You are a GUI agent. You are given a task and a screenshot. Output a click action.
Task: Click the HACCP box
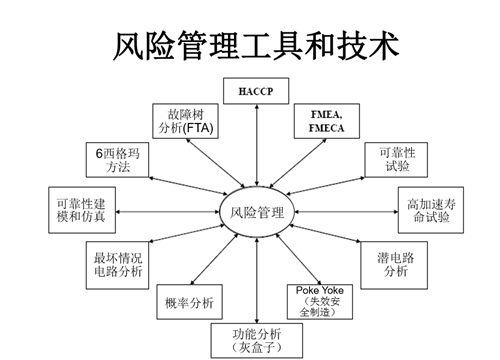coord(256,93)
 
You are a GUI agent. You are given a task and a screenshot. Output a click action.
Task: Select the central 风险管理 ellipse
coord(257,212)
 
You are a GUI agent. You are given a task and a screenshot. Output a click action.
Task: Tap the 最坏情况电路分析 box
coord(118,265)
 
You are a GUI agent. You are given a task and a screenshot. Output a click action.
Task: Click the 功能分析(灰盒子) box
coord(256,340)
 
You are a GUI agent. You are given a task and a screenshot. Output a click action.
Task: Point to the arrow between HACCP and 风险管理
coord(257,145)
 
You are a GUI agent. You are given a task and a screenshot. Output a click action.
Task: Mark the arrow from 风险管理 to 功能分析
coord(257,280)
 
